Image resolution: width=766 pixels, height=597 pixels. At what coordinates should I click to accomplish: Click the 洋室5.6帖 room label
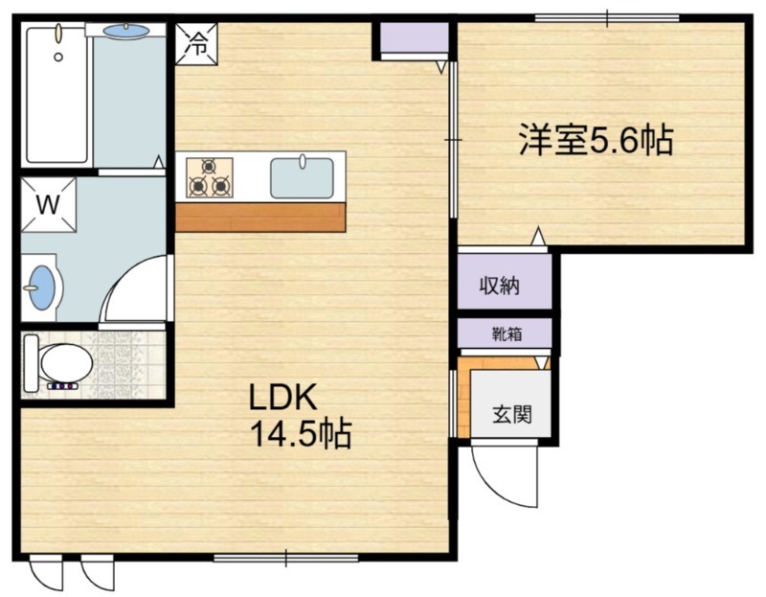point(596,141)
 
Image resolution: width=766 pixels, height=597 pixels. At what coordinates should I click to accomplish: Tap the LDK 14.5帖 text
point(300,416)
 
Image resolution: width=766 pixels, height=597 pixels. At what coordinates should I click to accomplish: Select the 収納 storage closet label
point(500,285)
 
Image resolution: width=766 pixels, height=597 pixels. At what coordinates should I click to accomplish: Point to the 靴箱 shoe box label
point(507,334)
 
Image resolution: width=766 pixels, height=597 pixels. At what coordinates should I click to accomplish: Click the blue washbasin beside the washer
point(41,285)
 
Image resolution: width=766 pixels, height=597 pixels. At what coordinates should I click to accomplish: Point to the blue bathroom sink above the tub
point(125,31)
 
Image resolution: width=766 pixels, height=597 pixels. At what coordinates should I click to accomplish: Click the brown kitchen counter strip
point(260,218)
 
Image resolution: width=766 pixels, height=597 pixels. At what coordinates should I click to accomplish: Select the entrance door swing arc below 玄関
point(503,474)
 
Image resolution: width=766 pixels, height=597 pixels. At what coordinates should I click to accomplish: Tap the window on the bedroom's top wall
point(607,17)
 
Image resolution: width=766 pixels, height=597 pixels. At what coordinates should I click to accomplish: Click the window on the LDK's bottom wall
point(285,557)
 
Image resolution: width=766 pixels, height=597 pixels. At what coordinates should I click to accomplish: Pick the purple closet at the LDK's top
point(412,38)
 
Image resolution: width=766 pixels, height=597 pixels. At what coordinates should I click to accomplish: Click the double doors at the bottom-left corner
point(72,572)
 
